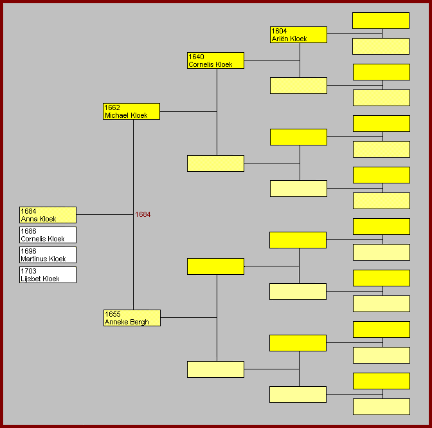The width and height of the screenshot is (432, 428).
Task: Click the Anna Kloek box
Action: (x=48, y=215)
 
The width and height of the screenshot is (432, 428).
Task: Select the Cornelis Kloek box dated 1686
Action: (x=48, y=235)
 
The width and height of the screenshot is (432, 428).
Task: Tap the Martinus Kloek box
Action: (x=48, y=255)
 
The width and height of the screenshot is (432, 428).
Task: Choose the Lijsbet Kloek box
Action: (x=48, y=275)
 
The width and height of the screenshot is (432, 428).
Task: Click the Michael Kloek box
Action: (x=132, y=111)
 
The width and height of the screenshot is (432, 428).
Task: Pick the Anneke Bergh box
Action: (x=132, y=318)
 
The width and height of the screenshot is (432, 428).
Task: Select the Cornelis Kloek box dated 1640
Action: (x=215, y=60)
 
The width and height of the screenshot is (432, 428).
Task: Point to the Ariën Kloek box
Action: (x=298, y=35)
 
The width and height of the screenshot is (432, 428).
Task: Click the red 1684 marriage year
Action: (x=143, y=215)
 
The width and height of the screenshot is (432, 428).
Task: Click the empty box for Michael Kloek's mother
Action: (x=215, y=163)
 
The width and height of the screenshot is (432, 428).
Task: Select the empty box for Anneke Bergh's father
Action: (x=215, y=266)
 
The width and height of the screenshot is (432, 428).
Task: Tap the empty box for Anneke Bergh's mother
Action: (x=215, y=369)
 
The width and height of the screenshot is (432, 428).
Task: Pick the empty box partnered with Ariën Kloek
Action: (x=298, y=86)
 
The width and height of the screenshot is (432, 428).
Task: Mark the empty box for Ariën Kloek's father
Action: (x=381, y=21)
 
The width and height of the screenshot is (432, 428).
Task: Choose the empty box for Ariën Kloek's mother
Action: (x=381, y=46)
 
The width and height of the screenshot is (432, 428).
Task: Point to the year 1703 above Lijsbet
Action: (x=28, y=271)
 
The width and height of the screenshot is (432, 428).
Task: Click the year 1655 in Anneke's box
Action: (x=113, y=314)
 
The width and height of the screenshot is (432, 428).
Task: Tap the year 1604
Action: (x=279, y=31)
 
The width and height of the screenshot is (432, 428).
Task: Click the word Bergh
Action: (x=139, y=322)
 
